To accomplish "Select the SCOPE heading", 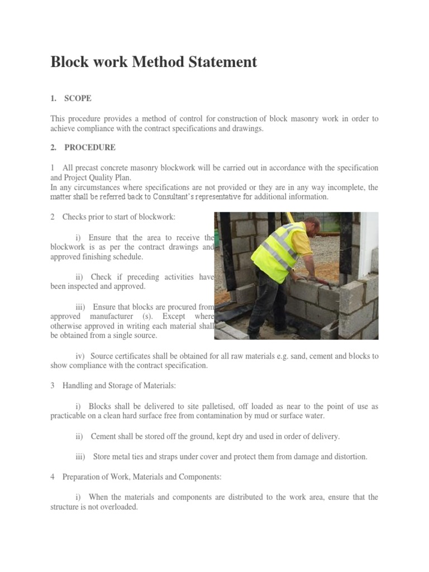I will [78, 98].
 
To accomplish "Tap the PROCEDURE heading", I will [90, 148].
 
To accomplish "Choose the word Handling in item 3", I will [78, 386].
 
